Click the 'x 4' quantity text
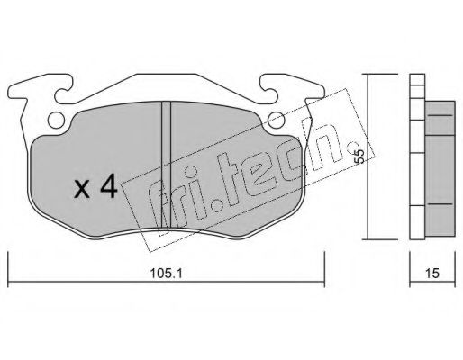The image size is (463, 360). pos(95,188)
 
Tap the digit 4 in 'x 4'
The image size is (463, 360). pos(108,188)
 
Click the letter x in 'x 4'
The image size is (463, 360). pos(82,190)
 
